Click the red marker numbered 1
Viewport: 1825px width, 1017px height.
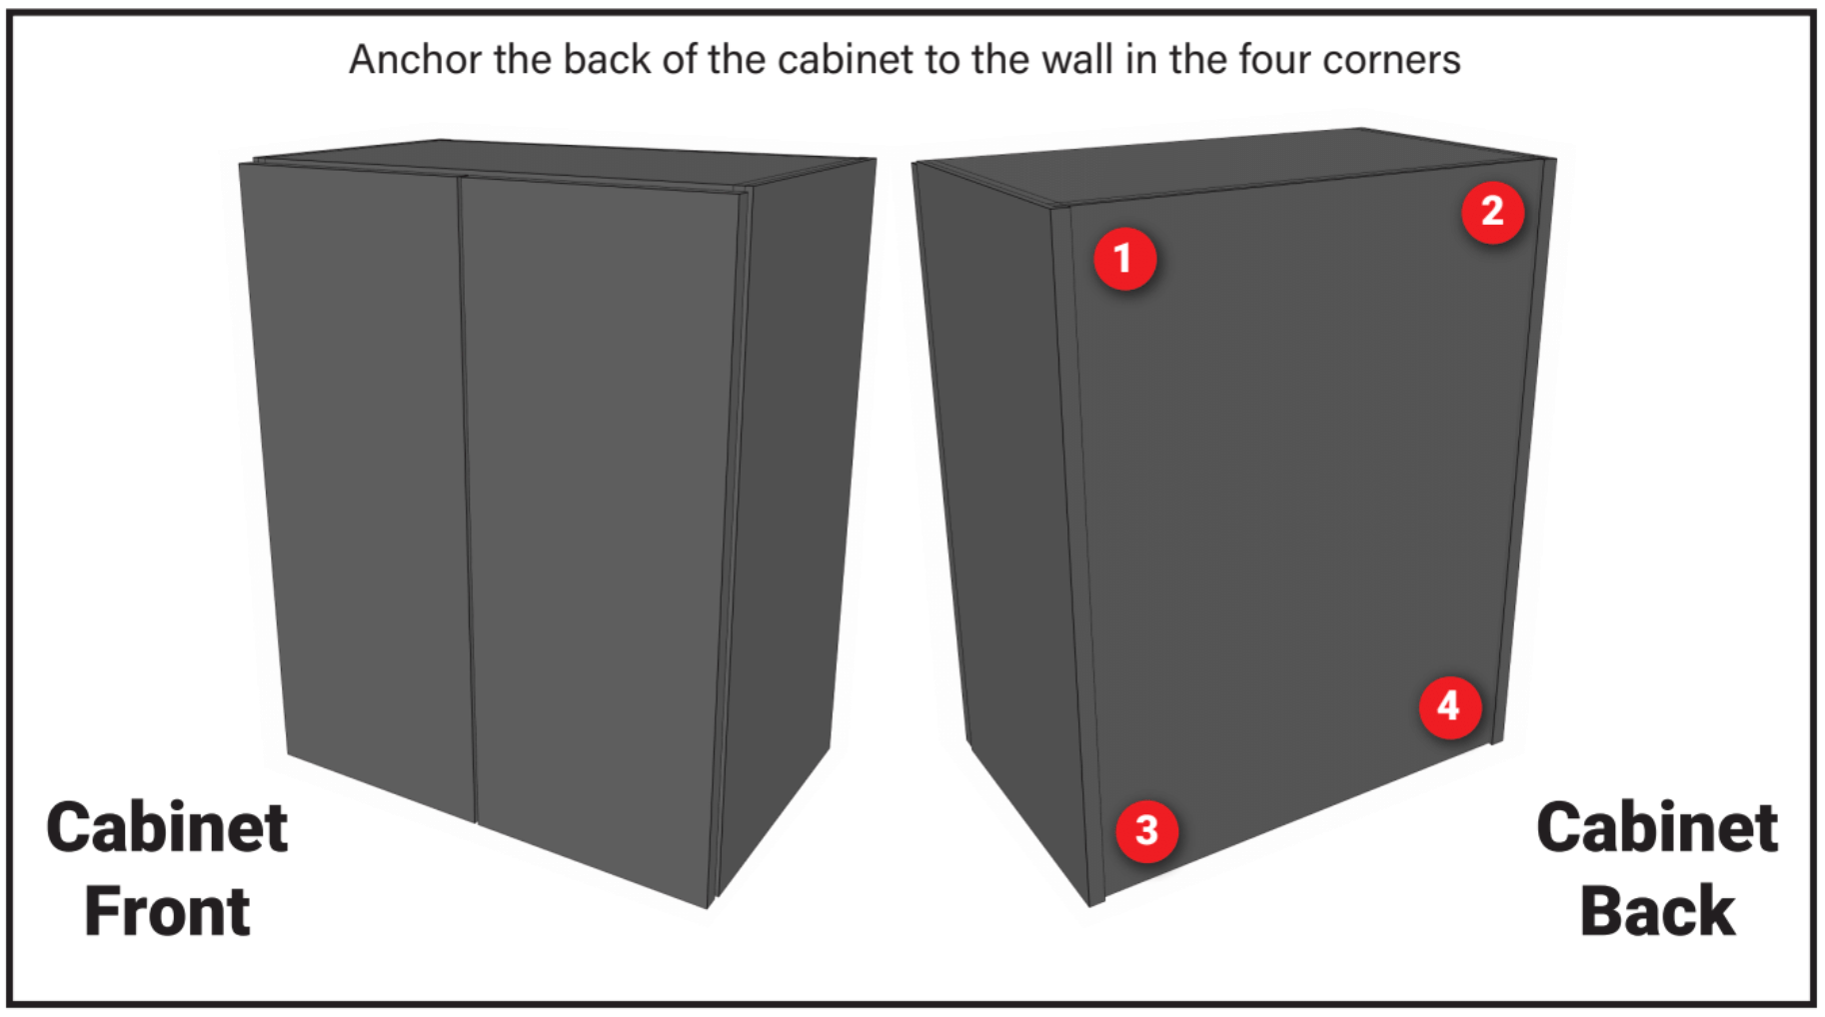pos(1124,259)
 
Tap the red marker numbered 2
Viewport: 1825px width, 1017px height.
pos(1492,212)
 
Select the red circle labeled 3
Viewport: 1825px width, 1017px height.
pos(1146,830)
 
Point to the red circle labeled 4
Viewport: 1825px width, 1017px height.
pos(1449,707)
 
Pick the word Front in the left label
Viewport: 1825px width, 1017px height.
pos(167,911)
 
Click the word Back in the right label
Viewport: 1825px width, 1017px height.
pos(1657,911)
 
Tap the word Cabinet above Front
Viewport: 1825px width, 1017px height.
pos(167,827)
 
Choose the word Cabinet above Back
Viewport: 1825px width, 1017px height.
pos(1657,827)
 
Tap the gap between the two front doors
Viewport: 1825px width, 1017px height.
pos(468,500)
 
